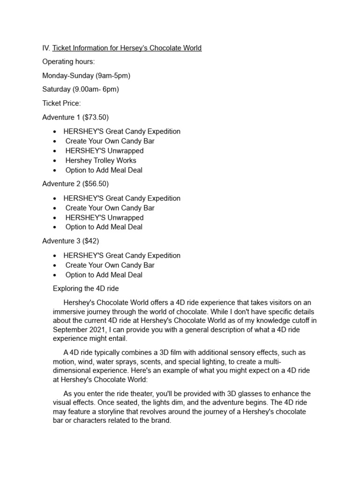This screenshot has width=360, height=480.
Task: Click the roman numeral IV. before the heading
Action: coord(46,48)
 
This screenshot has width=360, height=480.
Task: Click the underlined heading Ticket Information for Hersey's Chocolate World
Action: coord(127,48)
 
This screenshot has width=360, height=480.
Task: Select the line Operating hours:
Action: coord(68,61)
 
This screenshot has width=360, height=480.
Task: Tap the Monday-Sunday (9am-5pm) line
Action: coord(86,75)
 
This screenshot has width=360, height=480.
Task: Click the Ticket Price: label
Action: coord(61,103)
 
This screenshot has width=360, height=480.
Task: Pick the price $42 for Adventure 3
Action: coord(90,241)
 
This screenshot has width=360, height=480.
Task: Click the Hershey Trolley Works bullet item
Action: coord(101,160)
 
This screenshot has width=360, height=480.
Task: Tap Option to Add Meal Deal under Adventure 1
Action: coord(104,170)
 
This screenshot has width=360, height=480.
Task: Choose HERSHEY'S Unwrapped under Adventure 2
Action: coord(105,217)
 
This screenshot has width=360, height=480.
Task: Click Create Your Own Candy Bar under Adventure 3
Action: coord(110,265)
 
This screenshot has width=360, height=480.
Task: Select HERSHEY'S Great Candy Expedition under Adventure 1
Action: coord(122,132)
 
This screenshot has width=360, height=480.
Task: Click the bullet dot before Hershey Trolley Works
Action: coord(55,161)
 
